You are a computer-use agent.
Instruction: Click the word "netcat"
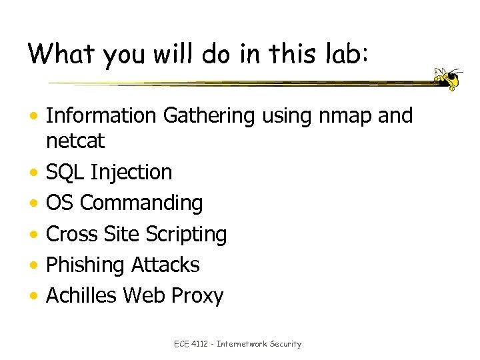click(76, 141)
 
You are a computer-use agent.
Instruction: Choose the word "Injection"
click(131, 172)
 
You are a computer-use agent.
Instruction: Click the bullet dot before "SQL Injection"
click(33, 173)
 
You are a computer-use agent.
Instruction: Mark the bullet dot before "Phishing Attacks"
click(33, 265)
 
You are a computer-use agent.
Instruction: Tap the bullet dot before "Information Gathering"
click(33, 117)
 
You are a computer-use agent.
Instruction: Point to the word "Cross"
click(73, 234)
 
